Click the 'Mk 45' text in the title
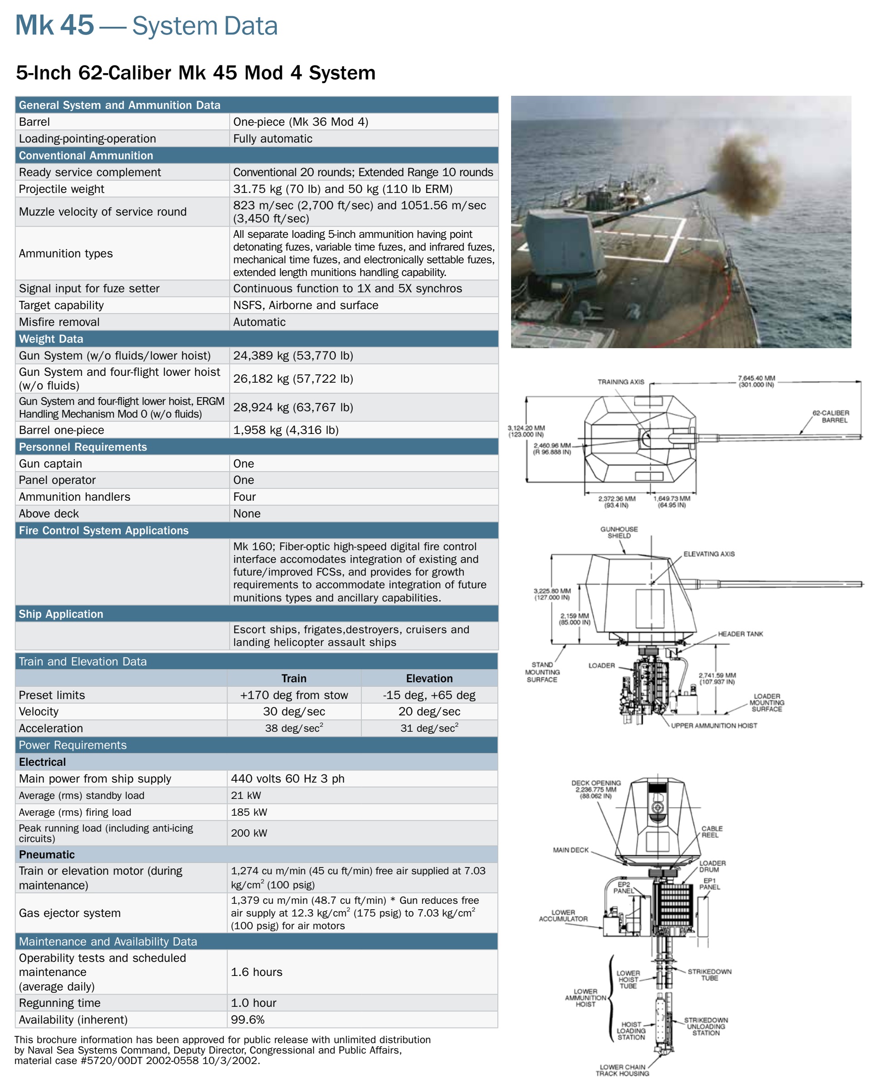[x=54, y=25]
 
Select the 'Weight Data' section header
[x=51, y=339]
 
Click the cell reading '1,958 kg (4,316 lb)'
[x=286, y=430]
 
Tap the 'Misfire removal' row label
[x=59, y=322]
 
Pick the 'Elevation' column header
[x=429, y=678]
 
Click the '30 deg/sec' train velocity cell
[x=294, y=711]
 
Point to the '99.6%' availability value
[x=247, y=1019]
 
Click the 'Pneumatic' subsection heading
[x=47, y=854]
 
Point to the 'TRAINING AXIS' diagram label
[x=620, y=382]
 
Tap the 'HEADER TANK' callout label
[x=740, y=634]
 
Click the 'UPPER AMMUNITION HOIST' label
[x=714, y=725]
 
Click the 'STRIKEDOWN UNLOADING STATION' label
[x=706, y=1026]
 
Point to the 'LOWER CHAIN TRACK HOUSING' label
[x=622, y=1070]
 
